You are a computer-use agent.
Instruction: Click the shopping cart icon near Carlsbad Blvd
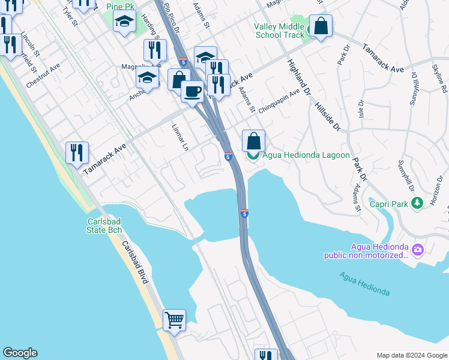[x=174, y=319]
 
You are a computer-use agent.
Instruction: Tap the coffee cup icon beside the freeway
[x=192, y=92]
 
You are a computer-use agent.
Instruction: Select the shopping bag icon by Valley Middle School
[x=321, y=26]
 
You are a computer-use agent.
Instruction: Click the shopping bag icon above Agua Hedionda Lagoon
[x=254, y=141]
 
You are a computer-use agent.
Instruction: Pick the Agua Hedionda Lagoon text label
[x=306, y=155]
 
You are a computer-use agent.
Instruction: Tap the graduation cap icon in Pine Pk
[x=124, y=22]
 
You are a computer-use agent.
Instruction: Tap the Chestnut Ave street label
[x=43, y=76]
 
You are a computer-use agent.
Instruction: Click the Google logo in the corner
[x=20, y=353]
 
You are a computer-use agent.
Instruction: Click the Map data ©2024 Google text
[x=411, y=355]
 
